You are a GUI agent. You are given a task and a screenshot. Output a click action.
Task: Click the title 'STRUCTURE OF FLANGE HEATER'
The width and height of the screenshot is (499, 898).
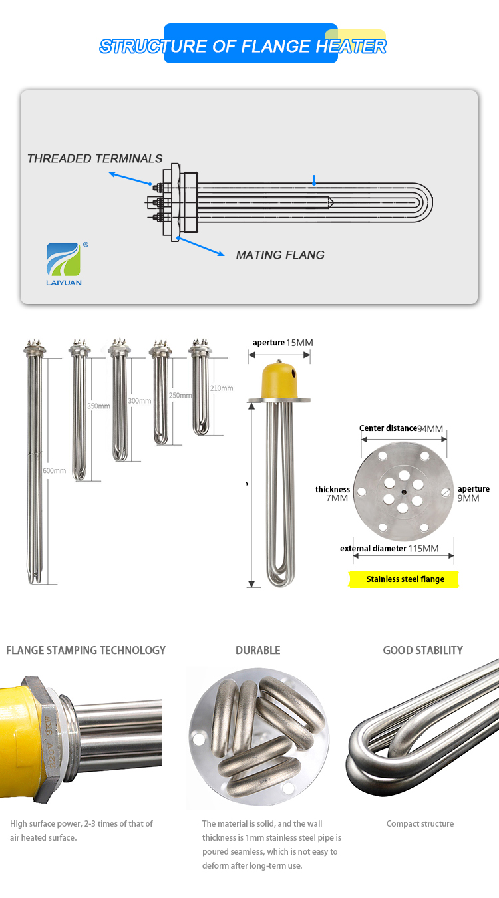243,46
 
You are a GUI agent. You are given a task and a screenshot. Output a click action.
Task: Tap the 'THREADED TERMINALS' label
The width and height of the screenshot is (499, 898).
94,158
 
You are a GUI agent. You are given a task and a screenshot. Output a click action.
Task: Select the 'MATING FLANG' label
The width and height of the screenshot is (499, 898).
280,255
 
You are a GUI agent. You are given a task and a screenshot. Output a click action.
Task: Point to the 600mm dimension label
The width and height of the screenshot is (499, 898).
55,471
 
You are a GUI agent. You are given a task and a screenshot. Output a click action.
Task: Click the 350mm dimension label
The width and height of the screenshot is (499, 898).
98,406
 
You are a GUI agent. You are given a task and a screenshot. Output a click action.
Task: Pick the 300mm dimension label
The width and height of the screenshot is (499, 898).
139,402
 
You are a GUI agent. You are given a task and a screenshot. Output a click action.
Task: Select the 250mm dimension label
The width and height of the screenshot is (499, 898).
180,395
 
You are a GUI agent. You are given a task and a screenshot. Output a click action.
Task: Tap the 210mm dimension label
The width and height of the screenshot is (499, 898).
222,388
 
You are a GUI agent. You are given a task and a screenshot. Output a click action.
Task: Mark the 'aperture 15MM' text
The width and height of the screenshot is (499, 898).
282,343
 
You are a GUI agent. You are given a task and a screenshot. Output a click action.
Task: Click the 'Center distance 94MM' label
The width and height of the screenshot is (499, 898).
401,428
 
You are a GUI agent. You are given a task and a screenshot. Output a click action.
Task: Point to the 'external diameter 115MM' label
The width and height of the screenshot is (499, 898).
389,549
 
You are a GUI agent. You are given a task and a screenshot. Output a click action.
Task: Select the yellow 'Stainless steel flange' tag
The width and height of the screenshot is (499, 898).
405,579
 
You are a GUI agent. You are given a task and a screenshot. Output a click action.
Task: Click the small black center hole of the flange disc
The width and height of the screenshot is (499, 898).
404,492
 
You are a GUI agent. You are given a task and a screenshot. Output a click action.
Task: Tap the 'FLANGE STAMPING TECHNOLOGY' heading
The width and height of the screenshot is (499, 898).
86,650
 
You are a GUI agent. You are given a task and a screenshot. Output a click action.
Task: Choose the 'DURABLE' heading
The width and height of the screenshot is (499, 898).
257,650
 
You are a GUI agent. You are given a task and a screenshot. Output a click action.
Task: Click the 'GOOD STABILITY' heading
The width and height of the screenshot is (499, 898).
422,650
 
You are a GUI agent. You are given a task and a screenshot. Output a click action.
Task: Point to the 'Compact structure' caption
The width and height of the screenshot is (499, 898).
420,823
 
